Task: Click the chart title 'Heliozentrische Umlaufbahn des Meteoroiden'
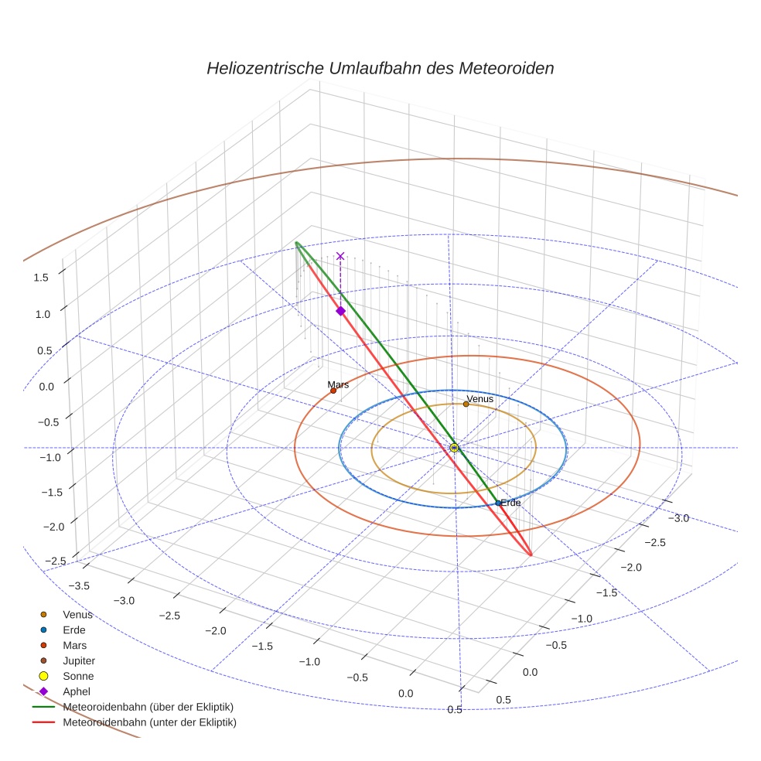coord(380,68)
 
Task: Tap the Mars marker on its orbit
coord(333,391)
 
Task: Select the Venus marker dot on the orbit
coord(466,404)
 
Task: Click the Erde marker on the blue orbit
coord(498,503)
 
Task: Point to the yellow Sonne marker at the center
coord(454,448)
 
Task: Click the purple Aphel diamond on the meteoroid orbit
coord(340,311)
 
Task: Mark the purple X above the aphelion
coord(340,256)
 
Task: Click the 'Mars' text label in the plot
coord(338,384)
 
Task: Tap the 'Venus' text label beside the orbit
coord(480,398)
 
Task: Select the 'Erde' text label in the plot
coord(510,503)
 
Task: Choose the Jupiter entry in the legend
coord(78,660)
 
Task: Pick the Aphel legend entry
coord(76,691)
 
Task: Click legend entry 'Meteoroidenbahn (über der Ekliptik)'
coord(148,707)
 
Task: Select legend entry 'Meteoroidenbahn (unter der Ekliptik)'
coord(149,722)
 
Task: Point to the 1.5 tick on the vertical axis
coord(42,277)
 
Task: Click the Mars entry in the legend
coord(74,645)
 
